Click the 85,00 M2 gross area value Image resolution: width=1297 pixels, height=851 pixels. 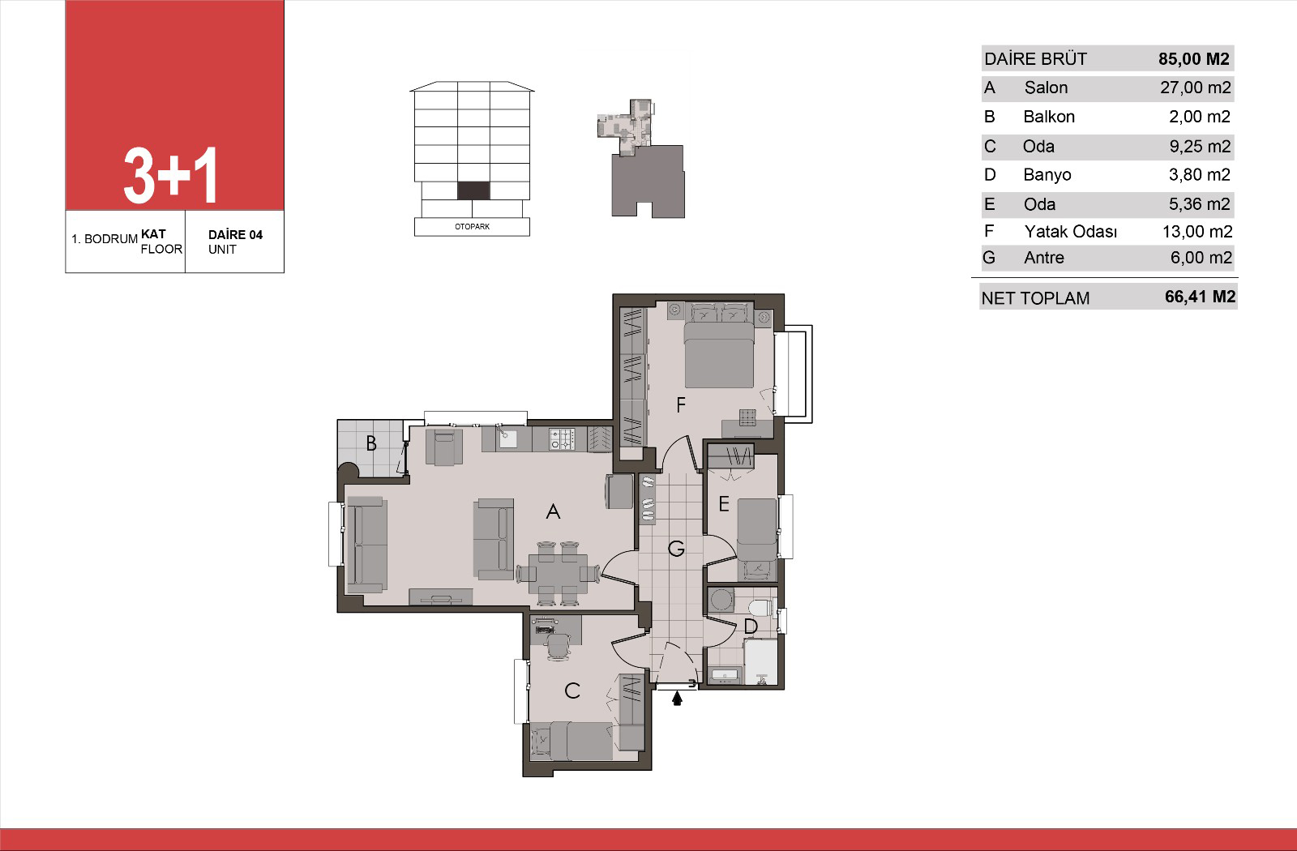point(1193,59)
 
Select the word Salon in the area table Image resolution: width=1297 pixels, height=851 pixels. point(1046,88)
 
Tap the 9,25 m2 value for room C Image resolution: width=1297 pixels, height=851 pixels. point(1200,147)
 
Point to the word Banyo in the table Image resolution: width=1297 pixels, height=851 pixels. point(1047,175)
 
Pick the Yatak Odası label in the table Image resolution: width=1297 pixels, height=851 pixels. point(1071,232)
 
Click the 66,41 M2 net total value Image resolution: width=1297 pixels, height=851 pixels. point(1201,297)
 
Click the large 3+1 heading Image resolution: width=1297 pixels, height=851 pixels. point(170,175)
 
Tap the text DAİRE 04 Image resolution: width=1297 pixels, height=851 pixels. point(235,234)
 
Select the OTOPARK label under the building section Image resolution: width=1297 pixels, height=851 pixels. point(472,226)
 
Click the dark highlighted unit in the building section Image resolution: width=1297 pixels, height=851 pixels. point(473,190)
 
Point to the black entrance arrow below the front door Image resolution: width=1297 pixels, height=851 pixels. point(677,699)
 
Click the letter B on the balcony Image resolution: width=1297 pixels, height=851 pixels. point(371,443)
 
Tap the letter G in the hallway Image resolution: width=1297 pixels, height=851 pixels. point(676,548)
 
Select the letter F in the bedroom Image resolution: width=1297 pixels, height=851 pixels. point(681,404)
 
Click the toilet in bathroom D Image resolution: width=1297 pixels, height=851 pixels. point(760,608)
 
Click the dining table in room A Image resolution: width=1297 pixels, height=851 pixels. point(559,573)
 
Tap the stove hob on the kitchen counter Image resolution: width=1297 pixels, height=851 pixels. point(562,438)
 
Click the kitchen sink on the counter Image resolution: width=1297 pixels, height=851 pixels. point(507,438)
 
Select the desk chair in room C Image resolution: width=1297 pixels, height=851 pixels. point(559,646)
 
